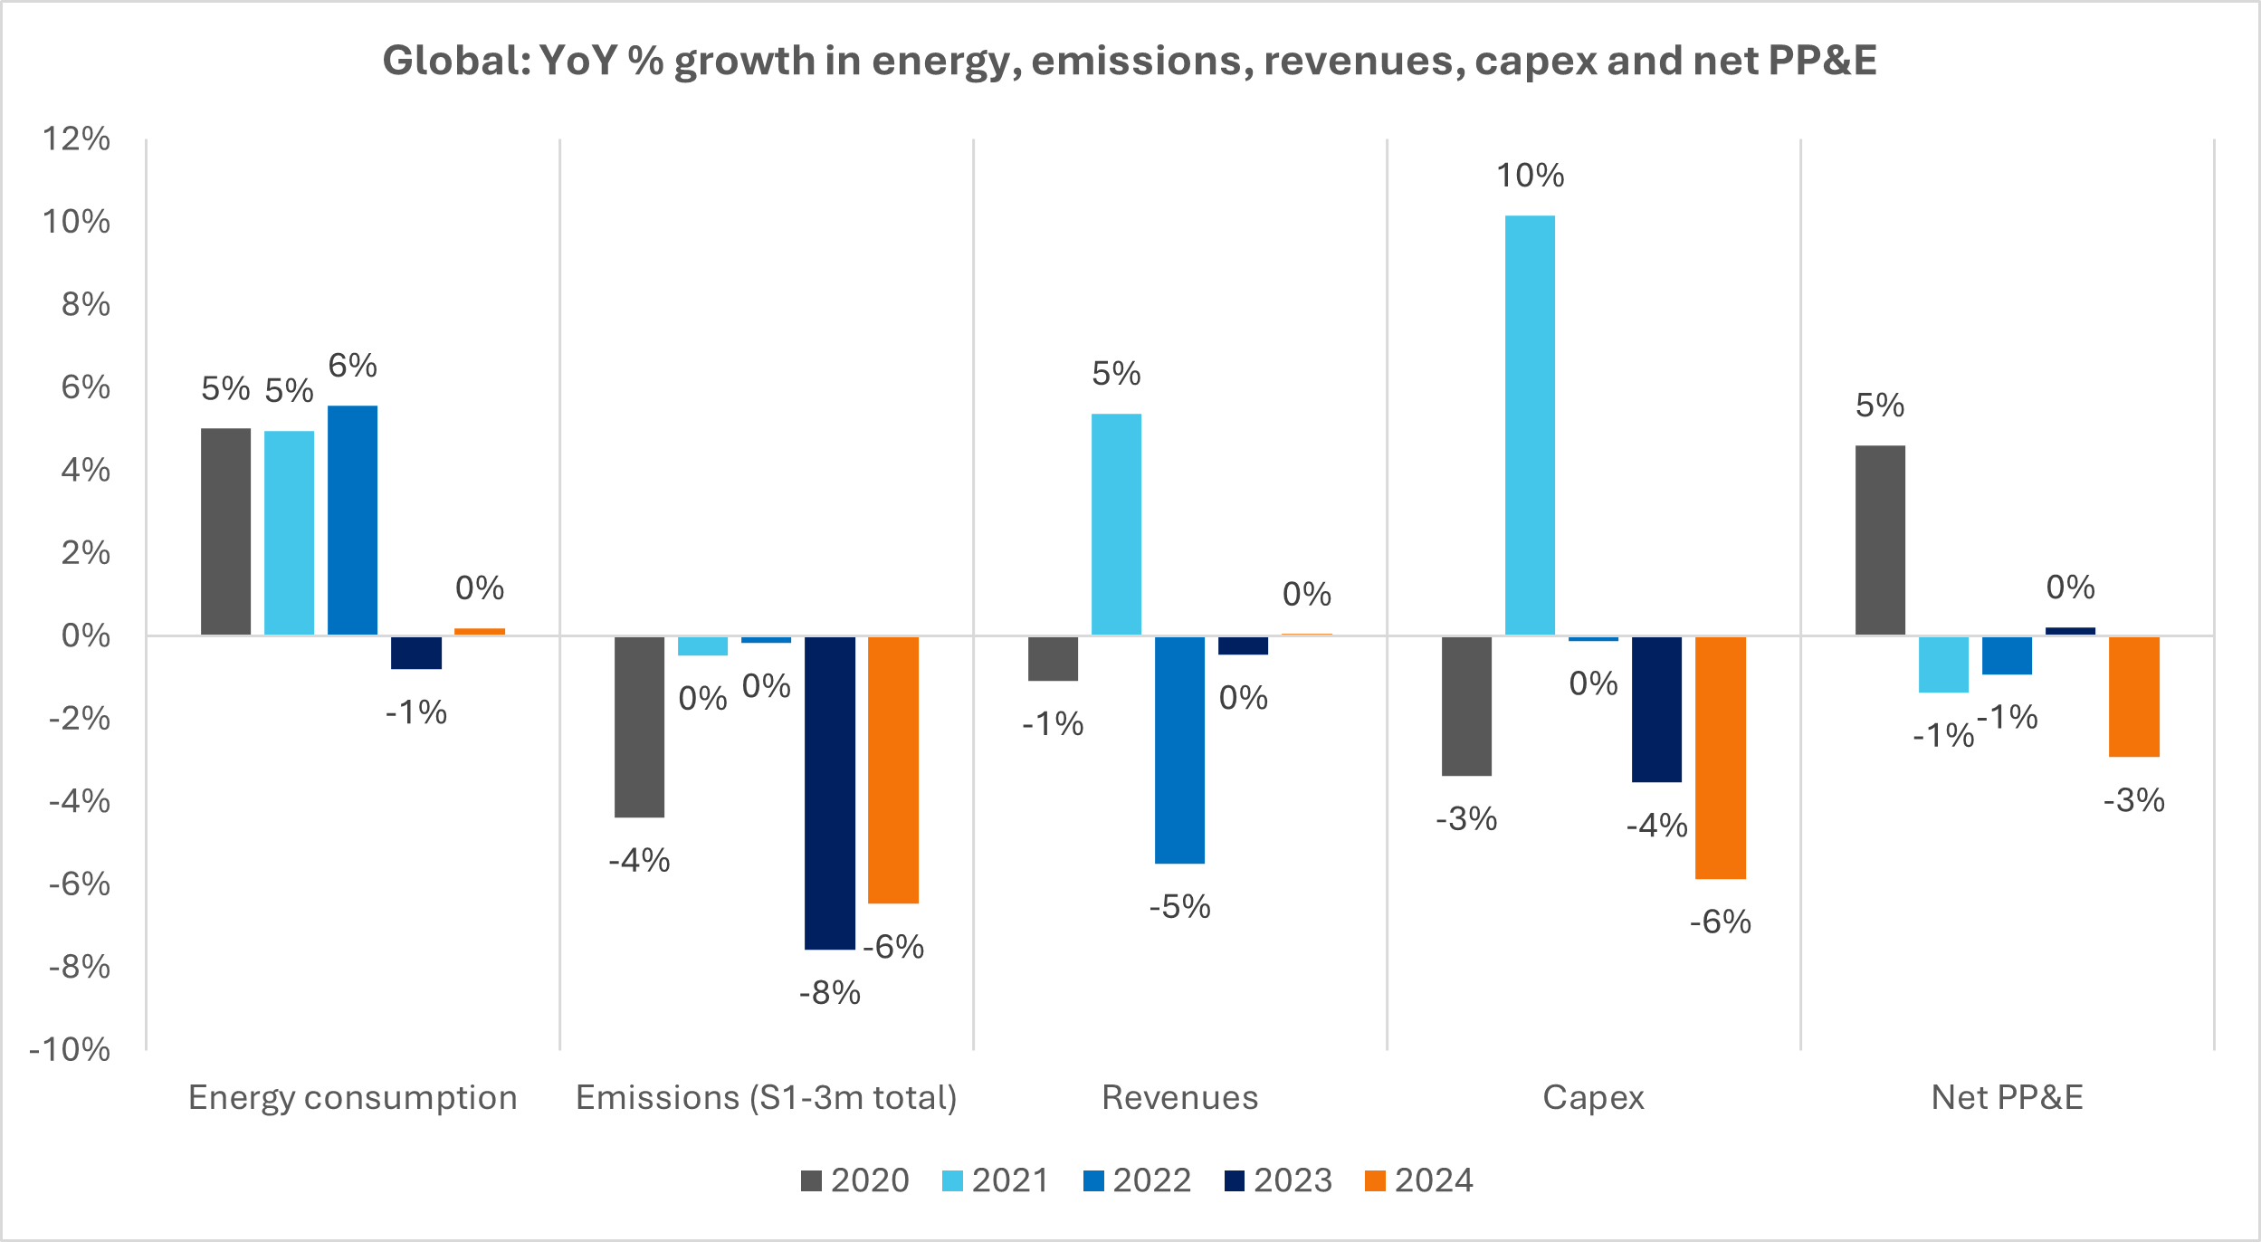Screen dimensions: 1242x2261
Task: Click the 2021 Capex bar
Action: point(1530,425)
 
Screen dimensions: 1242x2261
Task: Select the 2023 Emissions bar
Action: point(829,793)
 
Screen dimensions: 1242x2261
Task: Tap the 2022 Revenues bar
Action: point(1179,750)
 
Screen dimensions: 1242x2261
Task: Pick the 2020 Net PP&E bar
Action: point(1880,540)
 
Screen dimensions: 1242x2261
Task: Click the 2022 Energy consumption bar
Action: point(352,521)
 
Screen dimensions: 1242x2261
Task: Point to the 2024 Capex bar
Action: point(1720,758)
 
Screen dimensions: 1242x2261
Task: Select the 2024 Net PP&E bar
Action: point(2133,696)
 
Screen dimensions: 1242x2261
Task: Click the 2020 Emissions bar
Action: point(639,727)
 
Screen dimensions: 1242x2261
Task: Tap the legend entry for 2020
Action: point(854,1180)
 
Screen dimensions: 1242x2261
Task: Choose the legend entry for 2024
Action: point(1418,1180)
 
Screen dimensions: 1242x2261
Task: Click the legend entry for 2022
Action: point(1137,1180)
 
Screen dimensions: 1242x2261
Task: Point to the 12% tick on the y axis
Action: point(77,139)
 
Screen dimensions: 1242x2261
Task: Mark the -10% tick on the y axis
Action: point(70,1049)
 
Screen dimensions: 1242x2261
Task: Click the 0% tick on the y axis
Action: point(86,635)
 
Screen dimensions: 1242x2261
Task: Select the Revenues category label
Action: point(1179,1097)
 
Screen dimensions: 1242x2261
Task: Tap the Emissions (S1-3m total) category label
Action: point(767,1097)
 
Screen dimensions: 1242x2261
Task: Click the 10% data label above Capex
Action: point(1530,176)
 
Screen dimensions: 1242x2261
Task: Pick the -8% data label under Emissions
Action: point(829,993)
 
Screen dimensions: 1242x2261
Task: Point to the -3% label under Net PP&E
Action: point(2133,800)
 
